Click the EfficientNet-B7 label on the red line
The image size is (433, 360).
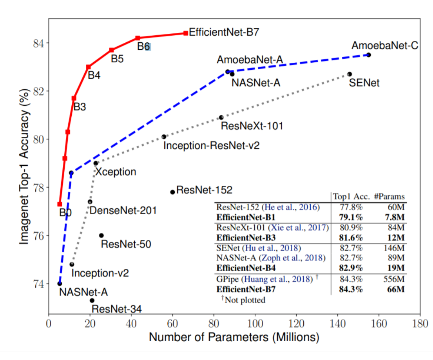(x=224, y=32)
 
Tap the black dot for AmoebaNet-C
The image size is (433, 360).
(x=368, y=55)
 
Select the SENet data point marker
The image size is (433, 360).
(x=350, y=74)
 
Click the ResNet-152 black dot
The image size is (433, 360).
(x=172, y=192)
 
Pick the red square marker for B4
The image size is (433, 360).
(x=89, y=67)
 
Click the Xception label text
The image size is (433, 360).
(x=116, y=172)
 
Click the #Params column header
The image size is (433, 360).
(x=389, y=197)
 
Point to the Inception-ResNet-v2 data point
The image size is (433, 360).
(x=164, y=136)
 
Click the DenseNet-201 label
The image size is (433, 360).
(x=123, y=210)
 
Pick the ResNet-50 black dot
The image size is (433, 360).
(x=101, y=235)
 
